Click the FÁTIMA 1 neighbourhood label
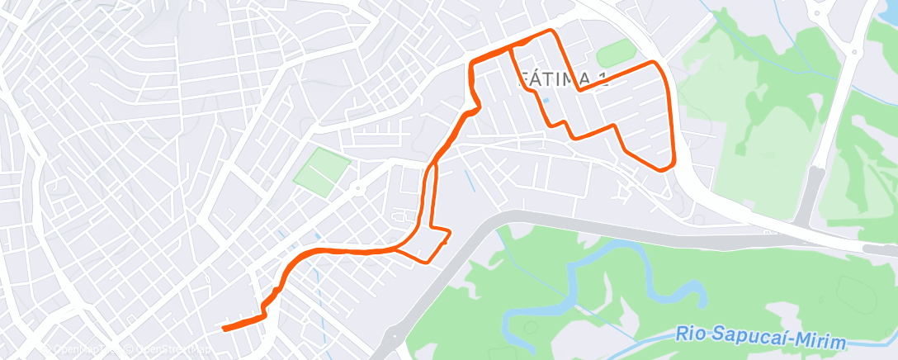[555, 79]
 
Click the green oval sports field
[617, 54]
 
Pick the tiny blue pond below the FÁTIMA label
[544, 102]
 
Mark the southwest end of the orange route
[224, 329]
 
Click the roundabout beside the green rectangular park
[357, 188]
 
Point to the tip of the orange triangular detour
[450, 233]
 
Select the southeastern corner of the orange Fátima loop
[664, 169]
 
